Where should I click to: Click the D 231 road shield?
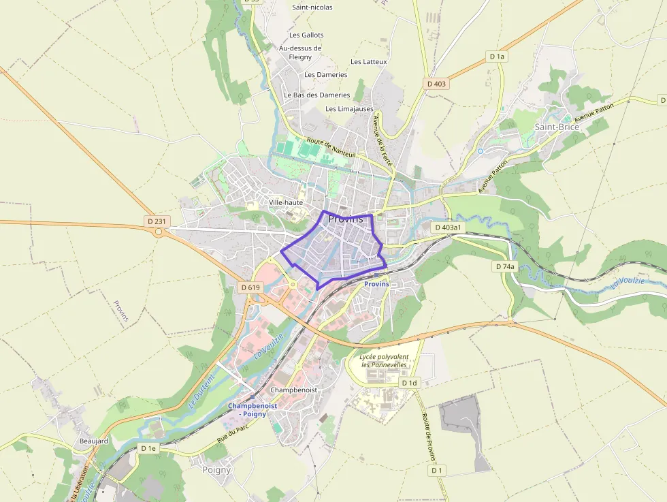pos(156,221)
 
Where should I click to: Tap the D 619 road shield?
pos(250,287)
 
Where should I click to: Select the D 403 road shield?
pos(436,83)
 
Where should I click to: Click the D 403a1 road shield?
pos(448,227)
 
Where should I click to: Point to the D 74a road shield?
pos(504,266)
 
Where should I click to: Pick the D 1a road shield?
pos(497,57)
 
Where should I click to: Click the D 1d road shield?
pos(408,383)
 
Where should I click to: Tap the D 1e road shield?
pos(148,448)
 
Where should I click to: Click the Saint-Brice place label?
pos(557,127)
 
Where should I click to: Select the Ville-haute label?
pos(285,202)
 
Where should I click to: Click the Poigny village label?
pos(217,469)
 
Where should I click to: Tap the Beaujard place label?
pos(93,441)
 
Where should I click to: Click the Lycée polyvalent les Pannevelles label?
pos(385,360)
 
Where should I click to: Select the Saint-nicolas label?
pos(312,7)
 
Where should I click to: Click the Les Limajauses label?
pos(349,108)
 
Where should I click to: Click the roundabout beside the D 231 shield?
pos(159,232)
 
